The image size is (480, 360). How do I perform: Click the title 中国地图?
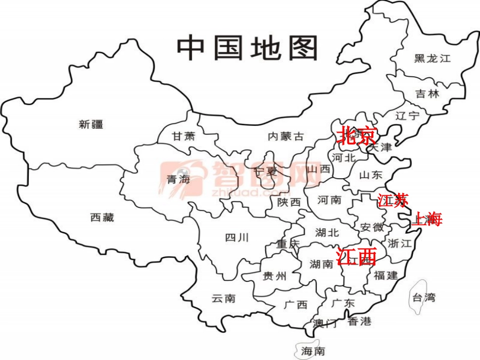[248, 48]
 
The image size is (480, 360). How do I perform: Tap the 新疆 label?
[91, 124]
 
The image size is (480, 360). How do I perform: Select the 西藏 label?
[102, 218]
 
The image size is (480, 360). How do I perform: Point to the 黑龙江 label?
[432, 59]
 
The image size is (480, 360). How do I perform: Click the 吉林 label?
[427, 94]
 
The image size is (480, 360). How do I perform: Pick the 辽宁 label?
[407, 116]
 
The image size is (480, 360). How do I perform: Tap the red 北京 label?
[357, 135]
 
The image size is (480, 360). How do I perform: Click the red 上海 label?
[427, 219]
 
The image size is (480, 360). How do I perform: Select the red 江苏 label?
[393, 201]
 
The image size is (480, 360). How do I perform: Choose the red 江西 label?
[356, 256]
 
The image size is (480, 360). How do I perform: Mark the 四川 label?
[236, 237]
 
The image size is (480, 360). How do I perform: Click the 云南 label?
[223, 298]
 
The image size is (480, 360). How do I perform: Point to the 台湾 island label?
[423, 297]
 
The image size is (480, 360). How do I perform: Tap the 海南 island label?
[313, 351]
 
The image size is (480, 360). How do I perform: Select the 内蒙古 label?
[286, 136]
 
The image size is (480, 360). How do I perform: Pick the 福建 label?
[386, 276]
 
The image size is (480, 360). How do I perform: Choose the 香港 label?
[360, 321]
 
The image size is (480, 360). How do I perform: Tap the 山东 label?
[371, 175]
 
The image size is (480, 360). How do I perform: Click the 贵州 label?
[275, 276]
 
